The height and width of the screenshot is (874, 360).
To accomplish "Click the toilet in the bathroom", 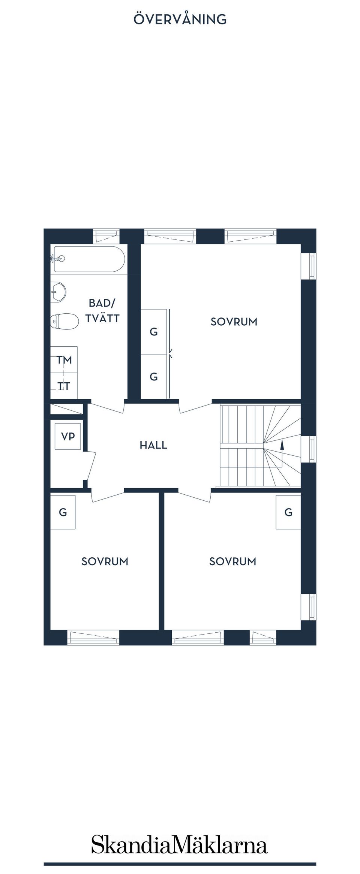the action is (64, 321).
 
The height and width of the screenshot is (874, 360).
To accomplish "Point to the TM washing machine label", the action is (64, 360).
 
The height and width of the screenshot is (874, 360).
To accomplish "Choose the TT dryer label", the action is (64, 386).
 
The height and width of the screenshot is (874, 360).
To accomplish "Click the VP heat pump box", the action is (68, 436).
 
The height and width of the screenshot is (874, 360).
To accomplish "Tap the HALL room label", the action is (153, 445).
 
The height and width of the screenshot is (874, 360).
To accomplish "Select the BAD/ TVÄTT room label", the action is (102, 311).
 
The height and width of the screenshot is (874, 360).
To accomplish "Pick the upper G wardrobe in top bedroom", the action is (154, 332).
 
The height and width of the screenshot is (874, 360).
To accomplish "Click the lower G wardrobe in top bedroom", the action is (154, 377).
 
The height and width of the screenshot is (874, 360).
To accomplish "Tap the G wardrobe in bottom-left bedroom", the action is (63, 512).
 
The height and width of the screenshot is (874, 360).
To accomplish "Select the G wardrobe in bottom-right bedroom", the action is (288, 512).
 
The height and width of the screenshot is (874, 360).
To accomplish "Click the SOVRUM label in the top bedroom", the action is (234, 322).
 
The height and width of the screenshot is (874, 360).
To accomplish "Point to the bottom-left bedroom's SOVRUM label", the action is (105, 561).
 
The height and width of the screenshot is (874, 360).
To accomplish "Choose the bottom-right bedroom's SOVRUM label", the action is (233, 561).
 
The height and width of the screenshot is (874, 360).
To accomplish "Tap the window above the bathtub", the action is (106, 236).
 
